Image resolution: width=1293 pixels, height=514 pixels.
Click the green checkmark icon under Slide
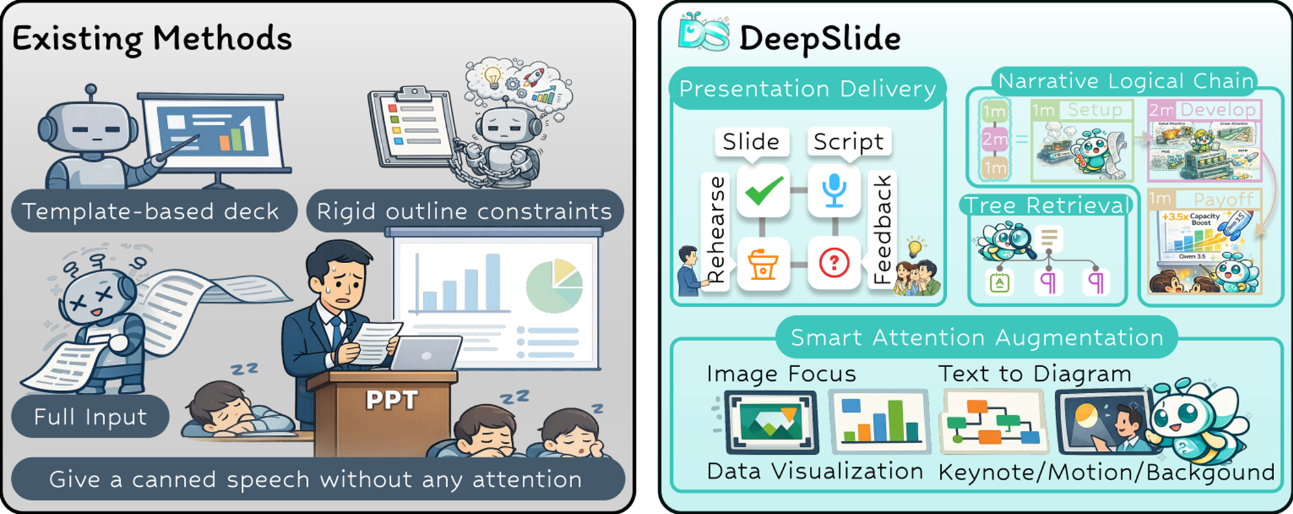[x=763, y=191]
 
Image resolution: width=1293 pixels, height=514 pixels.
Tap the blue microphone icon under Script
[x=834, y=191]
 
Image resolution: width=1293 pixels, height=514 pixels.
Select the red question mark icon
[x=834, y=263]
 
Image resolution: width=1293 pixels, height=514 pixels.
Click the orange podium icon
[x=763, y=264]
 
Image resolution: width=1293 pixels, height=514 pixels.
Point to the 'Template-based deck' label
[x=151, y=211]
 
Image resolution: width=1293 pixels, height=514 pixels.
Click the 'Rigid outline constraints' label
[x=464, y=211]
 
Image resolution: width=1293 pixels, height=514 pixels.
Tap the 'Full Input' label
[x=90, y=417]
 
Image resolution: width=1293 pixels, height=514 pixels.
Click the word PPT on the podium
[x=392, y=400]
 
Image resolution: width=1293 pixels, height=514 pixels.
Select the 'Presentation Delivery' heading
[x=807, y=88]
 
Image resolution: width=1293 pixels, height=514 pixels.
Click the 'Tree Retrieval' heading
[x=1046, y=205]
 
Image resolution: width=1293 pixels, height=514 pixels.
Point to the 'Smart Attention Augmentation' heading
[x=976, y=337]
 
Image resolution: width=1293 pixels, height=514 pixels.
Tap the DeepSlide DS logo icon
[x=703, y=34]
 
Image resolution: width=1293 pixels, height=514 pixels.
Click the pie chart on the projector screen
[x=554, y=286]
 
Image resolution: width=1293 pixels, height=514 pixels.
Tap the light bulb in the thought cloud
[x=493, y=76]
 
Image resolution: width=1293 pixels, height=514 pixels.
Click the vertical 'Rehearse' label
[x=716, y=229]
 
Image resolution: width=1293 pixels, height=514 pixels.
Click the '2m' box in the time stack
[x=994, y=138]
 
